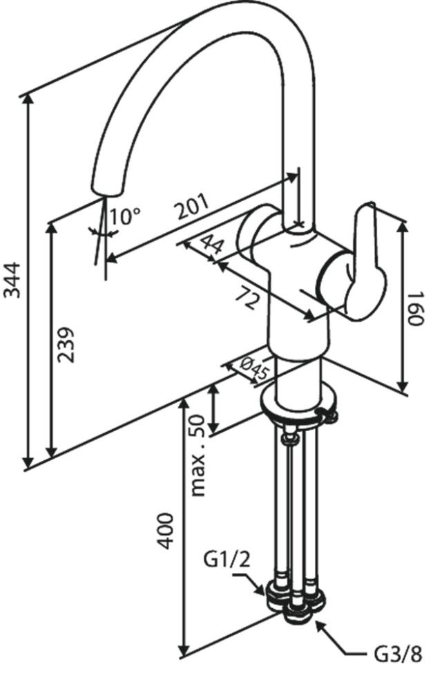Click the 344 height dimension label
(x=12, y=281)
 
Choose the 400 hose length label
(x=166, y=531)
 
